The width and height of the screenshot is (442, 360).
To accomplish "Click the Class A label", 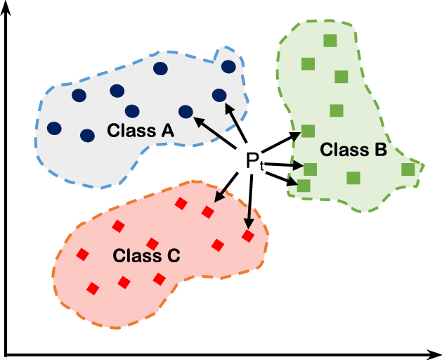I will point(141,130).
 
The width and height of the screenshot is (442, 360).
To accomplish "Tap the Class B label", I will point(353,149).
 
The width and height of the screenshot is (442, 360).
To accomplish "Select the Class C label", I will point(146,255).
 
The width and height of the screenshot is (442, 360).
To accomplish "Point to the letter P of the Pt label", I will point(252,160).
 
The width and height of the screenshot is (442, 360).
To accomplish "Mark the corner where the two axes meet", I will point(6,350).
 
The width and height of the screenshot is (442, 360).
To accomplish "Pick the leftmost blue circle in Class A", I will point(53,129).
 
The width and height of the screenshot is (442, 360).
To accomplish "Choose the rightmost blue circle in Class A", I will point(228,66).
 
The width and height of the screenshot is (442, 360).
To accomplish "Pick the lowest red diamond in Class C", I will point(92,288).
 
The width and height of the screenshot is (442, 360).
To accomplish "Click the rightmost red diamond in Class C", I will point(247,236).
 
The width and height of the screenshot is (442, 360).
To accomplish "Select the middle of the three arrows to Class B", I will point(285,165).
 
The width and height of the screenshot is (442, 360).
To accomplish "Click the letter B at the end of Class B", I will point(379,149).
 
